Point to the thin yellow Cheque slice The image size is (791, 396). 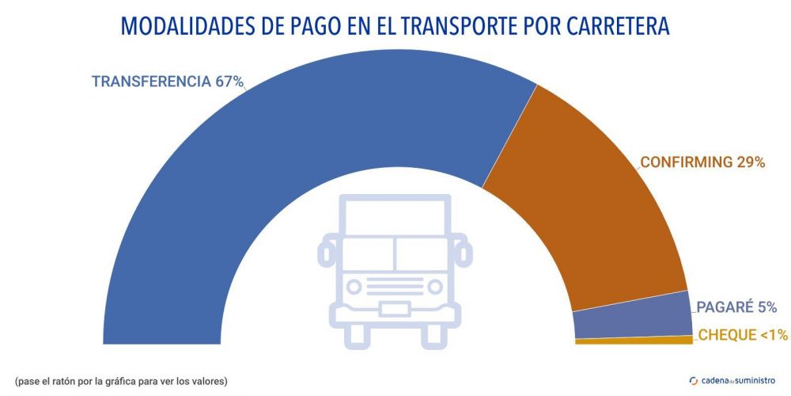[633, 341]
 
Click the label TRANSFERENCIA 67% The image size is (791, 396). [167, 82]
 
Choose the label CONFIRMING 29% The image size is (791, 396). [702, 162]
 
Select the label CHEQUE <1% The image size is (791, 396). [742, 336]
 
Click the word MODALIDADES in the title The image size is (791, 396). [187, 26]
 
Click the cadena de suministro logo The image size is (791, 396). [732, 380]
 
